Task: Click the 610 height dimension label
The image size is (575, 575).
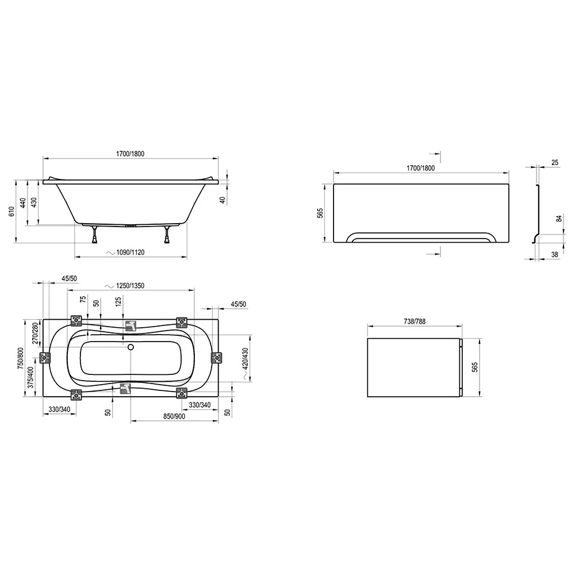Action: click(x=11, y=212)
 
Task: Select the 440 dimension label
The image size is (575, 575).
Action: click(x=23, y=203)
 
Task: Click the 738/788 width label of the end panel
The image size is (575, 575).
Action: click(x=415, y=321)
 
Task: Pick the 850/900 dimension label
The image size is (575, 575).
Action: click(x=174, y=416)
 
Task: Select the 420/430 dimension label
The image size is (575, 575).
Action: click(x=246, y=359)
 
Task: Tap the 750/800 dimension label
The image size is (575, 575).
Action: click(x=20, y=358)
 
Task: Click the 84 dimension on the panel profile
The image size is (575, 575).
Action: click(x=559, y=218)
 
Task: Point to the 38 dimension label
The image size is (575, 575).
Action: click(x=555, y=255)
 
